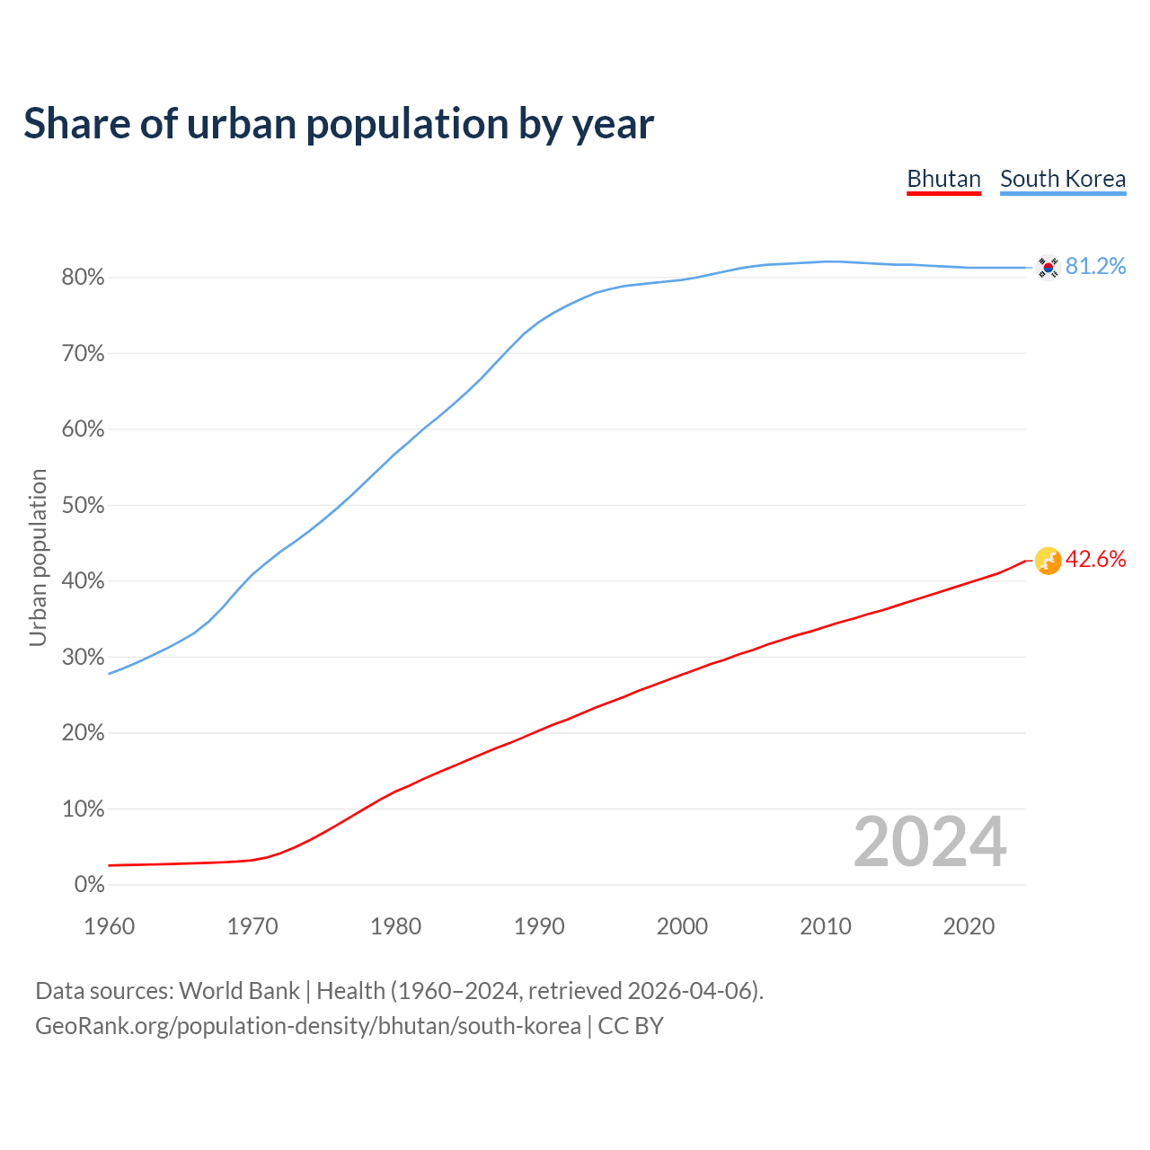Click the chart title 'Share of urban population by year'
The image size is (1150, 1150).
pyautogui.click(x=339, y=124)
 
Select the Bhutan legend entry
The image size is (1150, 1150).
pyautogui.click(x=943, y=179)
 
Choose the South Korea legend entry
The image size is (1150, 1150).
pyautogui.click(x=1063, y=179)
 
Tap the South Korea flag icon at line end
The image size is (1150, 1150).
pyautogui.click(x=1048, y=267)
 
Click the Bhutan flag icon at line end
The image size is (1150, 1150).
pyautogui.click(x=1048, y=561)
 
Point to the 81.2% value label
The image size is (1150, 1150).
pyautogui.click(x=1096, y=267)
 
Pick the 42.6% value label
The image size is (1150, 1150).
pyautogui.click(x=1096, y=560)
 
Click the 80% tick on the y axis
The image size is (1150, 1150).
pyautogui.click(x=84, y=278)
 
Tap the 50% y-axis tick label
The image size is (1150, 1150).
pyautogui.click(x=84, y=506)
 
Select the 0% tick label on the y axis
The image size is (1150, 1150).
pyautogui.click(x=89, y=885)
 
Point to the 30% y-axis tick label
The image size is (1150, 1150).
pyautogui.click(x=84, y=658)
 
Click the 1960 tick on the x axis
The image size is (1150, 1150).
pyautogui.click(x=109, y=926)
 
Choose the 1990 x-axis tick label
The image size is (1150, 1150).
pyautogui.click(x=539, y=926)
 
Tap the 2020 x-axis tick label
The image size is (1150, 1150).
pyautogui.click(x=969, y=926)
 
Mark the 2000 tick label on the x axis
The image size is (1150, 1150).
pyautogui.click(x=682, y=926)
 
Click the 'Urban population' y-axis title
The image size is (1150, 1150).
pyautogui.click(x=38, y=557)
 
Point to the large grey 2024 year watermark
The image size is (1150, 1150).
pyautogui.click(x=930, y=842)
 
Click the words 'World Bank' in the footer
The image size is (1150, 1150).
pyautogui.click(x=239, y=991)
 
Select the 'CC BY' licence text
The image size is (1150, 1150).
pyautogui.click(x=631, y=1026)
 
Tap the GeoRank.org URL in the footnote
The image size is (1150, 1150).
pyautogui.click(x=308, y=1026)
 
